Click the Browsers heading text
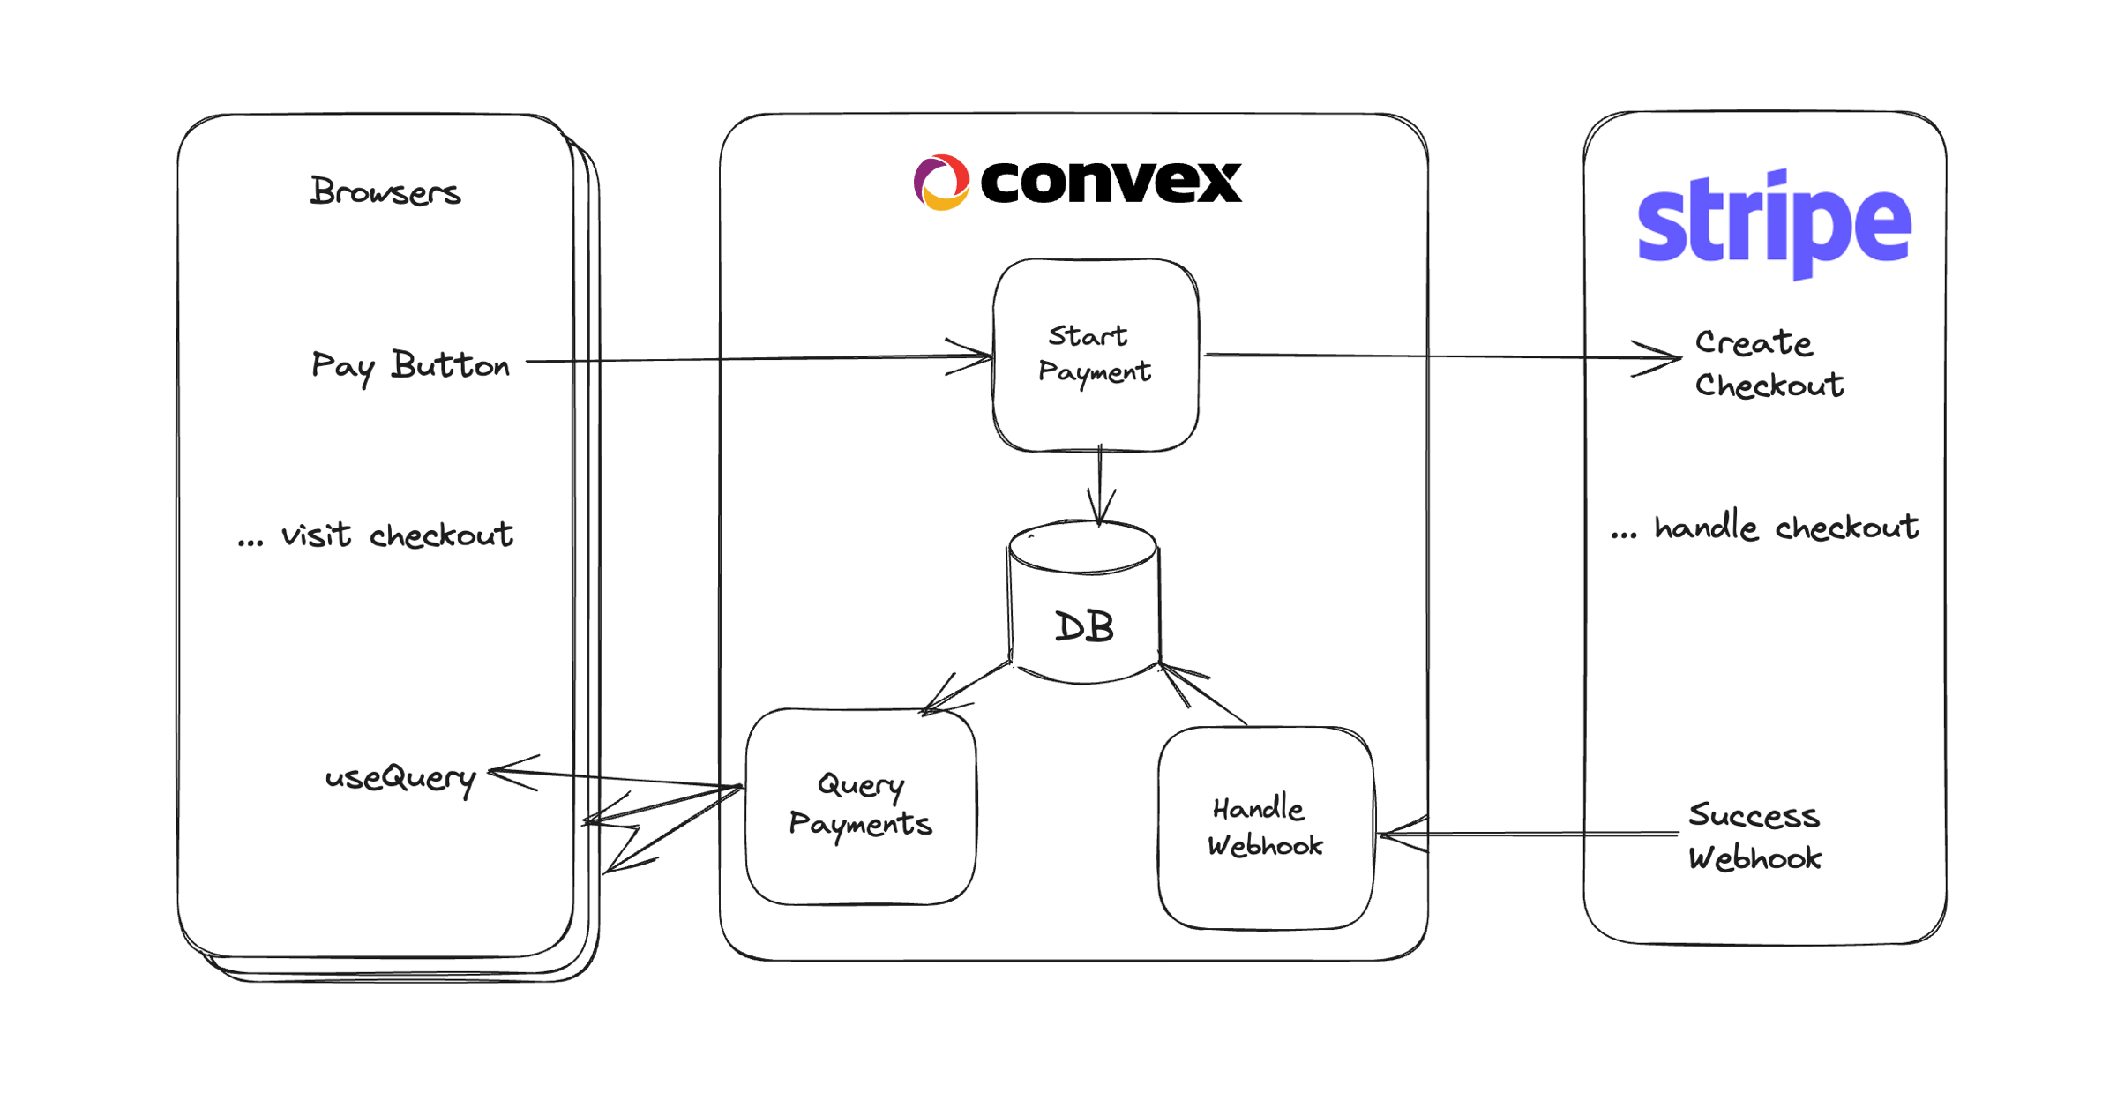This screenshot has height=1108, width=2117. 385,191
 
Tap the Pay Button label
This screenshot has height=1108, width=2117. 410,365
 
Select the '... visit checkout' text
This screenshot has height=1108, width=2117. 376,535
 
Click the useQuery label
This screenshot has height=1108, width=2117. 400,778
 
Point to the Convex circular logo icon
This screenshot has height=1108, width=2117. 941,183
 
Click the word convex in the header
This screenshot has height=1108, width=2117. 1111,182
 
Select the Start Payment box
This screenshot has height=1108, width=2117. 1095,354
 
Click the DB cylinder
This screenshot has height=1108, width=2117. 1083,609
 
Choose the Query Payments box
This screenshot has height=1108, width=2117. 860,805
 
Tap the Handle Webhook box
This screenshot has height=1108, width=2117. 1265,827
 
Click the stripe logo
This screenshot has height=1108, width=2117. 1774,222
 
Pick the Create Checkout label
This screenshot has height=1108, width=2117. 1768,363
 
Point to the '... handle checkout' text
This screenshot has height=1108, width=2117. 1764,528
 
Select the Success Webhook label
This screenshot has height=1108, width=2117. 1754,836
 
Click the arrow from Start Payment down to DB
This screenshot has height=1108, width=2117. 1100,485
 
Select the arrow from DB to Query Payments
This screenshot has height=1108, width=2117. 966,686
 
